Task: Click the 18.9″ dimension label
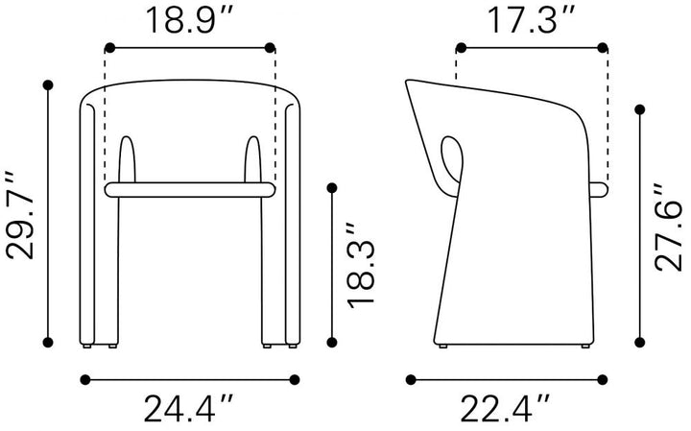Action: [189, 20]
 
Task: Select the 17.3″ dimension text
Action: [532, 20]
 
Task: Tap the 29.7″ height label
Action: [20, 215]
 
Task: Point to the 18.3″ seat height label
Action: [361, 265]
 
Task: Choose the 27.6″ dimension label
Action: [668, 227]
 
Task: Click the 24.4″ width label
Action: [189, 409]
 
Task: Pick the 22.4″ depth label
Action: [506, 409]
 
